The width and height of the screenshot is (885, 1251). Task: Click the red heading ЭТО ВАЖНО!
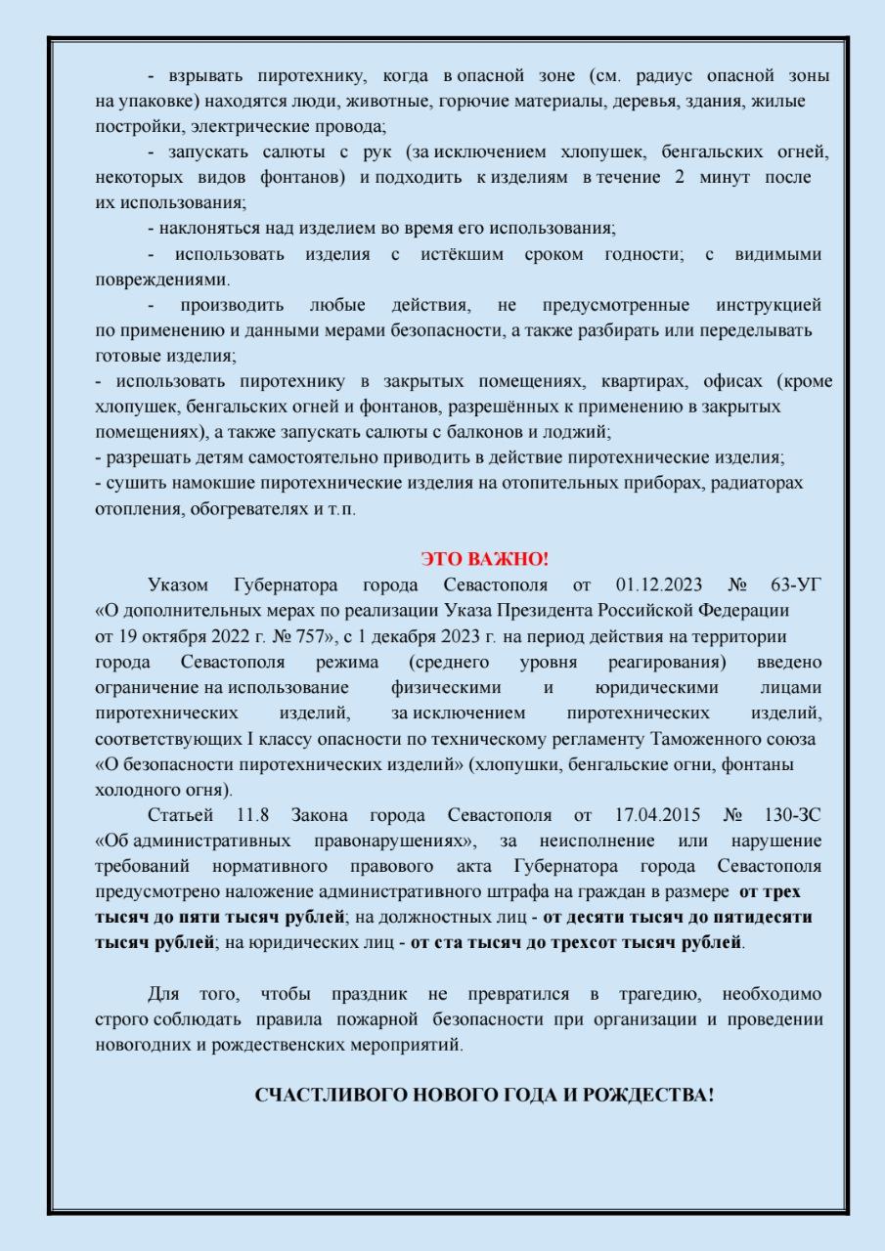click(x=484, y=559)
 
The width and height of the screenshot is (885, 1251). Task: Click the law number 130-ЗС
click(x=793, y=815)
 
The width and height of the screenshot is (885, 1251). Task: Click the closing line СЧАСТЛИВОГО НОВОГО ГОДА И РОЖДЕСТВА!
click(x=484, y=1095)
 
